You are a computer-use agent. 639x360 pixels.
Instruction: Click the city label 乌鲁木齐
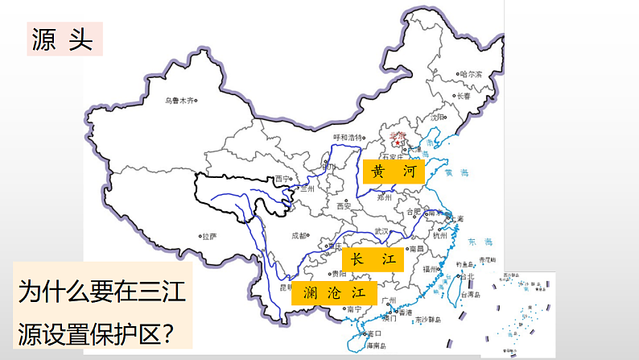click(178, 101)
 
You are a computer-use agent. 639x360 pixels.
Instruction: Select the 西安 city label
click(345, 206)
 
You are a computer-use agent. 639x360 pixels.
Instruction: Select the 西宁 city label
click(281, 179)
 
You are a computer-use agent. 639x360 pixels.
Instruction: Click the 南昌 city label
click(416, 250)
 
